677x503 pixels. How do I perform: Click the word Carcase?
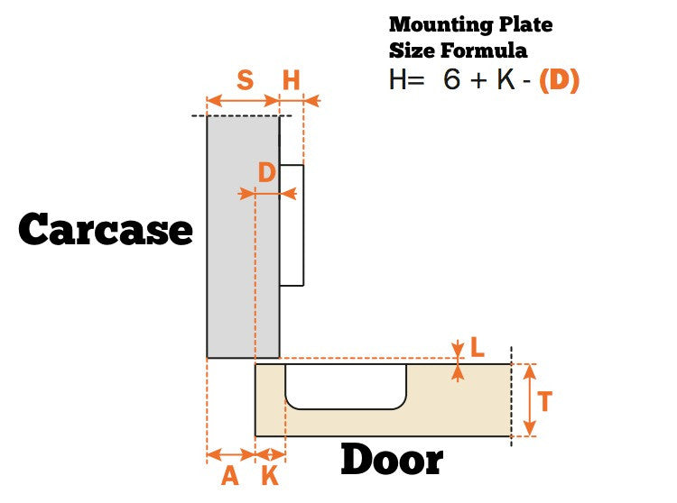pyautogui.click(x=106, y=230)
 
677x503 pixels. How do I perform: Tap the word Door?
pyautogui.click(x=391, y=461)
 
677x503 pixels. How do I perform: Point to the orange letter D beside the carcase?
pyautogui.click(x=266, y=172)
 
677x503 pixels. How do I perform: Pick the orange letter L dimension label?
pyautogui.click(x=478, y=346)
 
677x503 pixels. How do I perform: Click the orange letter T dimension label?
pyautogui.click(x=544, y=401)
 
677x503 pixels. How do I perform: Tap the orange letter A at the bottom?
pyautogui.click(x=229, y=475)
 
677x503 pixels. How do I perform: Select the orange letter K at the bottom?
pyautogui.click(x=270, y=475)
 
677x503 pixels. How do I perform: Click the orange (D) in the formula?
pyautogui.click(x=559, y=79)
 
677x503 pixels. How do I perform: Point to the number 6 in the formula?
pyautogui.click(x=451, y=79)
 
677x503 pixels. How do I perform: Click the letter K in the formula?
pyautogui.click(x=503, y=79)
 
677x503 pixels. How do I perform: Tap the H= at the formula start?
pyautogui.click(x=406, y=79)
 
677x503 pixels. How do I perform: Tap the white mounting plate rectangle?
pyautogui.click(x=292, y=224)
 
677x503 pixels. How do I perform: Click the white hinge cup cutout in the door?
pyautogui.click(x=345, y=385)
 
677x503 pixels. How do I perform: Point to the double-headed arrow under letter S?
pyautogui.click(x=243, y=100)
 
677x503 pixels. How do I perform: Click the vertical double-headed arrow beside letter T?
pyautogui.click(x=529, y=401)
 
